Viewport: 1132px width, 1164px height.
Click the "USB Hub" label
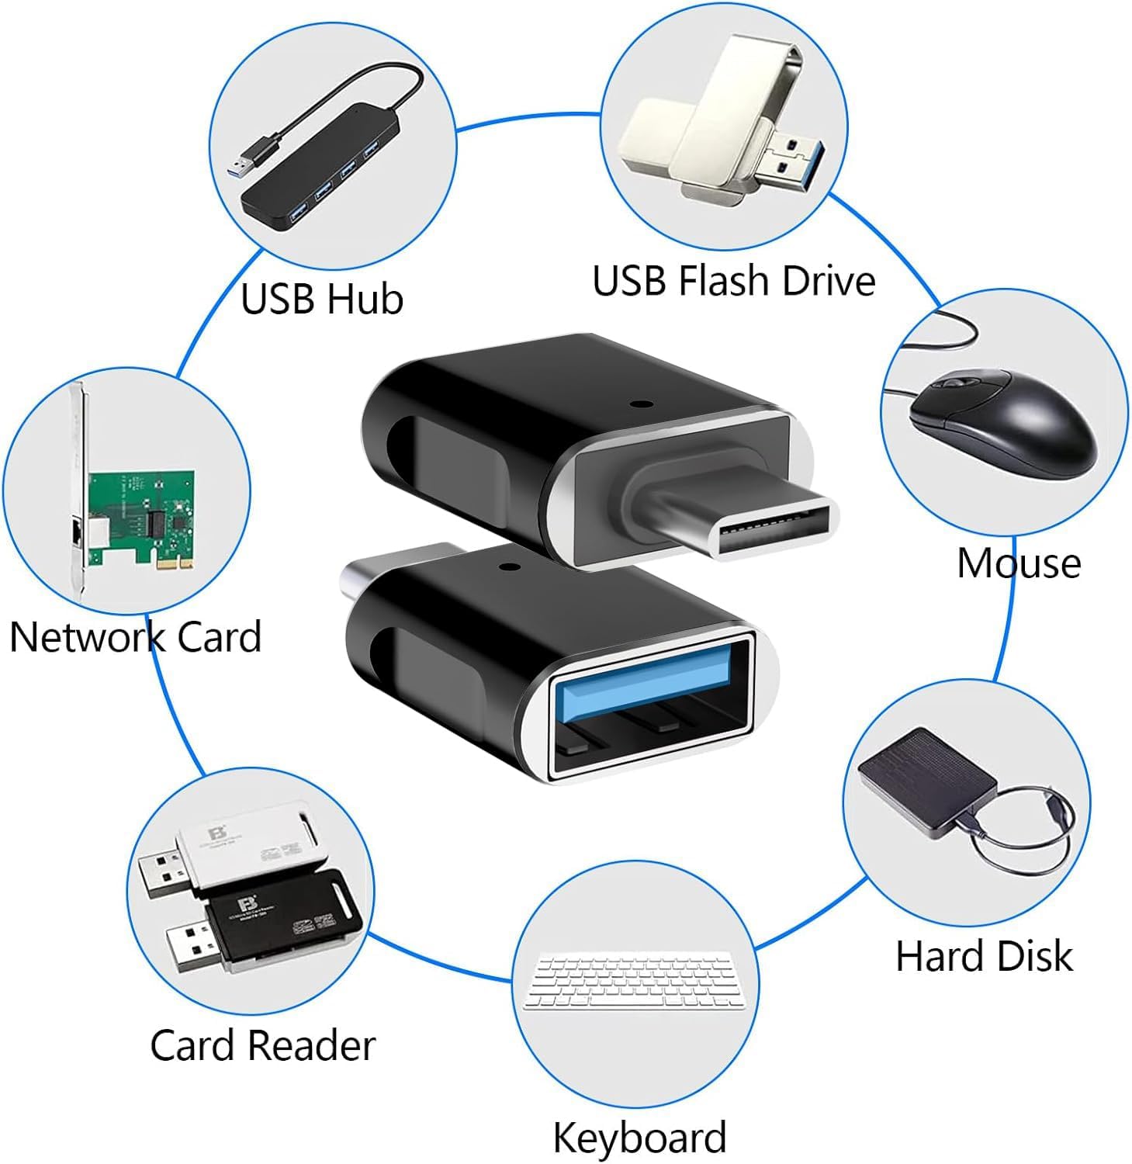pos(322,299)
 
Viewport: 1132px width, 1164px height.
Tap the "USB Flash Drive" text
pos(733,281)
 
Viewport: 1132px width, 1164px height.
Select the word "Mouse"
pos(1019,563)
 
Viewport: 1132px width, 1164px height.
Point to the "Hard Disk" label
pos(984,956)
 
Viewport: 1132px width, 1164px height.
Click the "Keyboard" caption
pos(639,1138)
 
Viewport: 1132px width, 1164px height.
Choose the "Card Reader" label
pos(262,1045)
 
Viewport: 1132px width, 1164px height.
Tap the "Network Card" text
pos(135,637)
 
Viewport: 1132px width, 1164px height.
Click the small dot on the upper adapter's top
pos(639,404)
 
